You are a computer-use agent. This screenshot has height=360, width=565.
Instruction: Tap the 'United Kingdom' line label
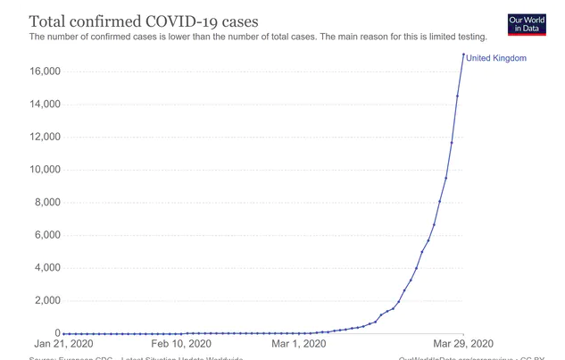(496, 58)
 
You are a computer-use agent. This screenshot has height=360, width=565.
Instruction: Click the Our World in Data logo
(526, 23)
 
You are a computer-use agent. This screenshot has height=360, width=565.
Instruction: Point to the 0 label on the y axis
(55, 333)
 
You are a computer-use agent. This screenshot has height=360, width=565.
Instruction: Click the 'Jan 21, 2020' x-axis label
(64, 343)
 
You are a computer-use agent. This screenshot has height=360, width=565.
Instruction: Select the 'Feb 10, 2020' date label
(181, 343)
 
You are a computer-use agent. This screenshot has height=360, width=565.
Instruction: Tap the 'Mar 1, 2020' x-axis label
(299, 343)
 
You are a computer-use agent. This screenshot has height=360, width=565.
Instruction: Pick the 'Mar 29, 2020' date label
(462, 343)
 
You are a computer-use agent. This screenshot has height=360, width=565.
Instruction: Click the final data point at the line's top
(463, 54)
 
